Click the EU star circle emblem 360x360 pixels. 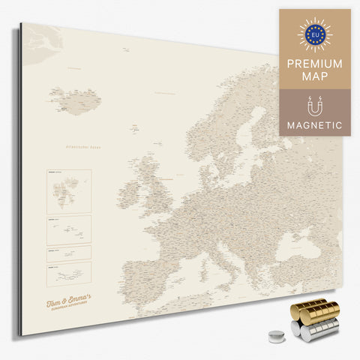point(314,34)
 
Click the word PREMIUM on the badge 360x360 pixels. point(314,64)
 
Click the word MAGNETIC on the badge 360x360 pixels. point(314,124)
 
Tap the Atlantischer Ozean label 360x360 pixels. point(83,147)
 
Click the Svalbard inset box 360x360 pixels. point(68,190)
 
